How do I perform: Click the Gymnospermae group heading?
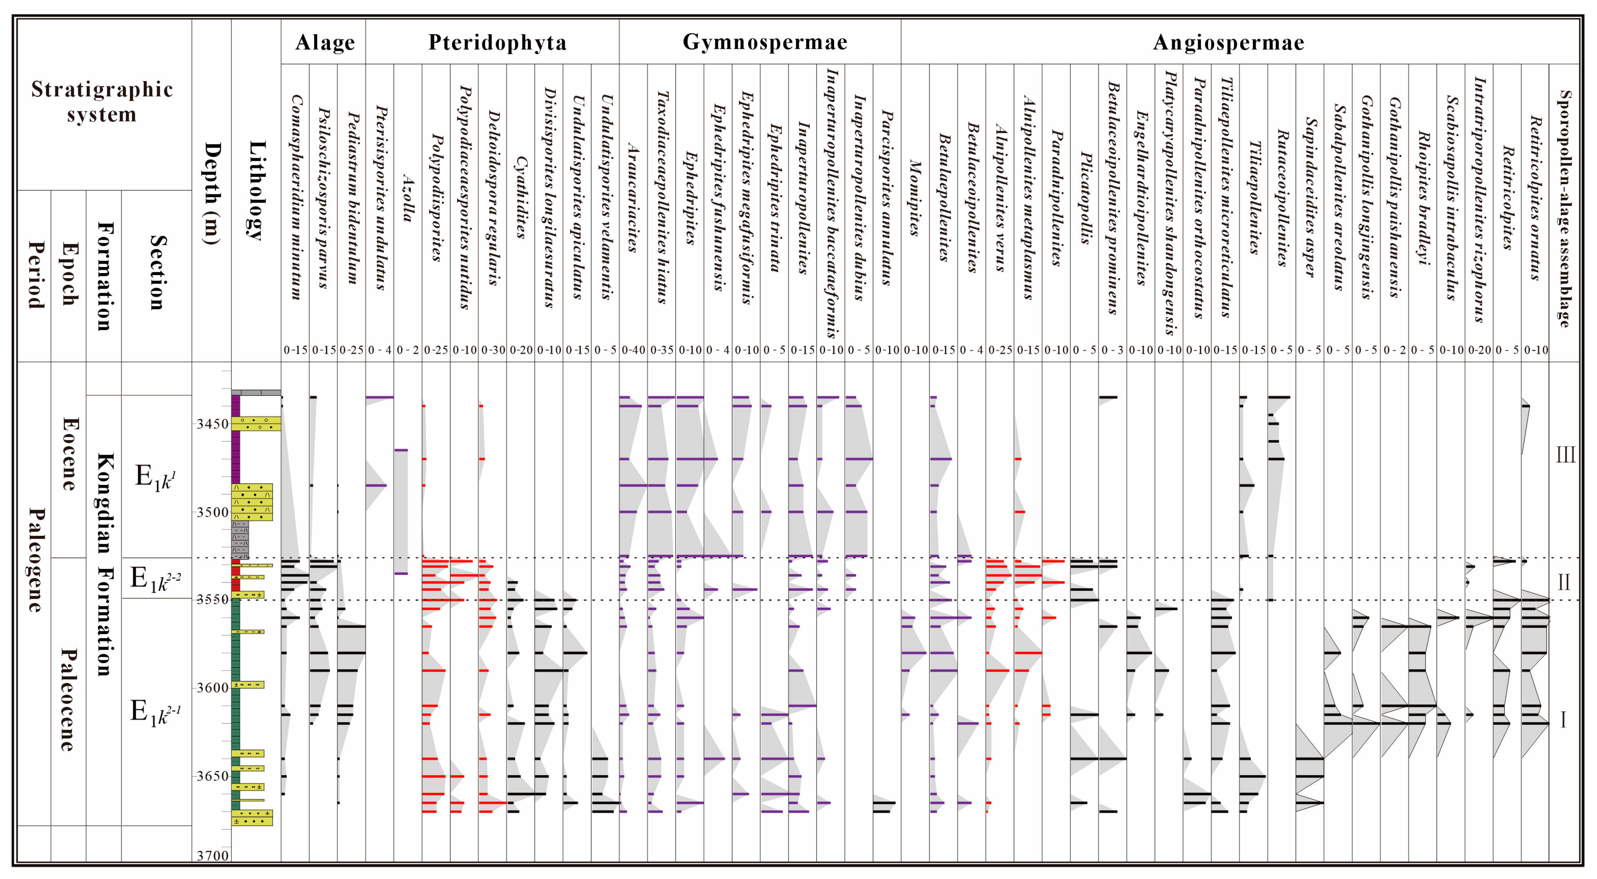click(x=764, y=42)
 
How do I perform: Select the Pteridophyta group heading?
click(x=497, y=42)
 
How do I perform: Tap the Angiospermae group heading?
click(x=1229, y=42)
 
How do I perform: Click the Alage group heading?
click(x=325, y=42)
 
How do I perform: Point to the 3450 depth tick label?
click(x=213, y=424)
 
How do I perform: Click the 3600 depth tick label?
click(x=213, y=688)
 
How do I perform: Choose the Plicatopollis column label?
click(x=1084, y=198)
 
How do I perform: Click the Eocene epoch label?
click(x=69, y=454)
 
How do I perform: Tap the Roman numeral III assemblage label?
click(x=1565, y=455)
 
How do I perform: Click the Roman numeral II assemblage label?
click(x=1564, y=582)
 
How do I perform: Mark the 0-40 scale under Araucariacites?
click(x=633, y=350)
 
